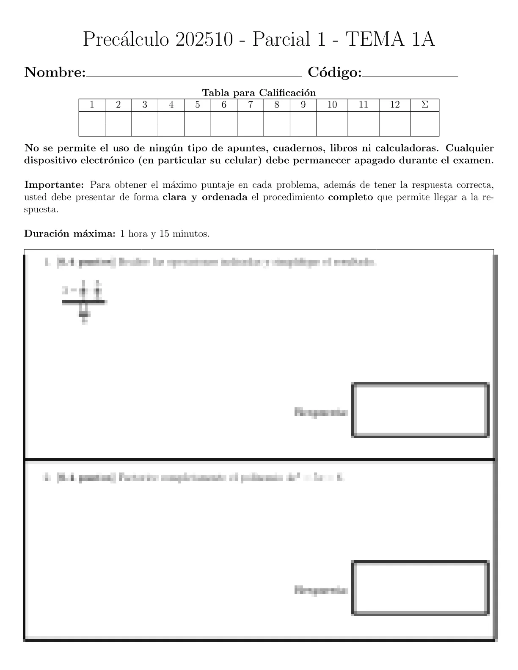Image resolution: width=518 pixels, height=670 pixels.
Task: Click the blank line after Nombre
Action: [193, 75]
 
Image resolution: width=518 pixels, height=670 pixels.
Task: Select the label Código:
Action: [335, 73]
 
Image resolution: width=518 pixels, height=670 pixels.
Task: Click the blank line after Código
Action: [410, 75]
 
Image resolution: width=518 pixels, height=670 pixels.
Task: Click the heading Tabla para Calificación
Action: [259, 93]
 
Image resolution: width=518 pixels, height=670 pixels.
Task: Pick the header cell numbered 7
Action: [251, 105]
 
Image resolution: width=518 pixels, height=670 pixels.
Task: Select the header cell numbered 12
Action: [395, 105]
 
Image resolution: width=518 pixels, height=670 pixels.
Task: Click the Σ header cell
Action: [425, 105]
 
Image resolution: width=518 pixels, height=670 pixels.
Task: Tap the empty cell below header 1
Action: [92, 124]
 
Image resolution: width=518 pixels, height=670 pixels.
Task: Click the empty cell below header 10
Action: [332, 124]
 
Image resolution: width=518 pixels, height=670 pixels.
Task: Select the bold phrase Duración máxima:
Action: [70, 233]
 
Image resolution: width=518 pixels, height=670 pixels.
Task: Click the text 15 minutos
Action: [184, 233]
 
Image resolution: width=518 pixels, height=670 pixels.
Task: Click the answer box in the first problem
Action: [420, 410]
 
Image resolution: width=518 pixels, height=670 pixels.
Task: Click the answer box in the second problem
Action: [420, 588]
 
